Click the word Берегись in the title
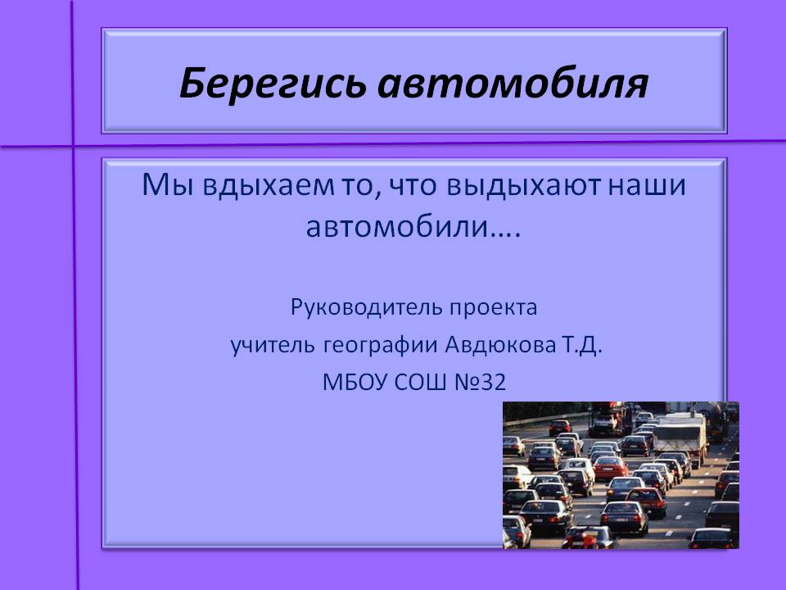272,84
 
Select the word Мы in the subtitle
167,184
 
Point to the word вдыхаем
269,186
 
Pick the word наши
647,185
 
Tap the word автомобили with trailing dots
413,227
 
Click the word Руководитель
367,307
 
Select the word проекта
493,307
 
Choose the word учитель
273,345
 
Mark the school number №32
480,383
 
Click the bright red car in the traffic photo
610,467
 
